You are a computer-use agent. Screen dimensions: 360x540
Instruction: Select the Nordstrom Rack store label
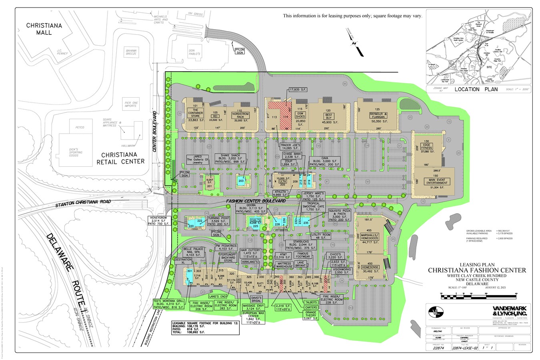tap(240, 114)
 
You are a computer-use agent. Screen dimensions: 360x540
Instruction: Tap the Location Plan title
tap(476, 89)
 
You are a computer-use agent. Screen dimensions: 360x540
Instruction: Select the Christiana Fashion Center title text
tap(477, 270)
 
